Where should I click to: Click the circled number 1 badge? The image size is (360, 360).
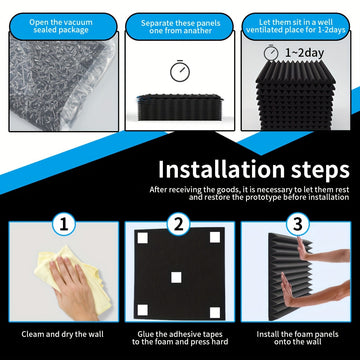pyautogui.click(x=64, y=224)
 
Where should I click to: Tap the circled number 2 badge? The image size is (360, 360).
pyautogui.click(x=179, y=224)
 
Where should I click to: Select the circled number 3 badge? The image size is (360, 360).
pyautogui.click(x=298, y=224)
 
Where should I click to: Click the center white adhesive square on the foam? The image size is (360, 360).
pyautogui.click(x=176, y=277)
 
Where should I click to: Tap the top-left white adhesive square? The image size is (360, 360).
pyautogui.click(x=143, y=238)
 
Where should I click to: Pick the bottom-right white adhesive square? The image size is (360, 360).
pyautogui.click(x=215, y=312)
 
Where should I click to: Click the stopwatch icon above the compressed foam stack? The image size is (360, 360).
pyautogui.click(x=180, y=71)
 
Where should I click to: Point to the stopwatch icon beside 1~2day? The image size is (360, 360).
pyautogui.click(x=270, y=52)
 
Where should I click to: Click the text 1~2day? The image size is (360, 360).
pyautogui.click(x=304, y=53)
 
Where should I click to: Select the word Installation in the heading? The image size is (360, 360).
pyautogui.click(x=221, y=169)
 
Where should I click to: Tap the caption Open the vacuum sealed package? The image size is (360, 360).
pyautogui.click(x=61, y=26)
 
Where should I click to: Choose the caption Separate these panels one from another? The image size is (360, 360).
pyautogui.click(x=180, y=27)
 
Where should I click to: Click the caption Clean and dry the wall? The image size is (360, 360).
pyautogui.click(x=63, y=334)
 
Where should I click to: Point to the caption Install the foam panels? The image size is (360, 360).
pyautogui.click(x=297, y=334)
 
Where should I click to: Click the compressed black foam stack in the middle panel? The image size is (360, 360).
pyautogui.click(x=179, y=107)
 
